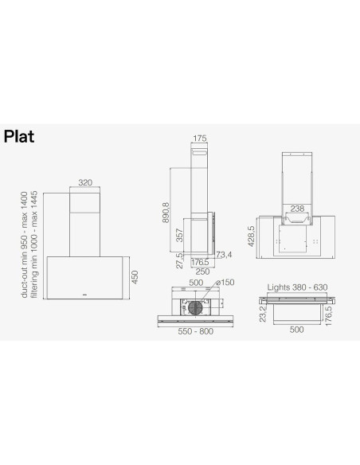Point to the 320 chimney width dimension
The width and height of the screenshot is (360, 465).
click(x=85, y=182)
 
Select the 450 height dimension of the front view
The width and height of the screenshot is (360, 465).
click(x=135, y=276)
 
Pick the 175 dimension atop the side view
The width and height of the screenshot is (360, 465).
click(x=199, y=139)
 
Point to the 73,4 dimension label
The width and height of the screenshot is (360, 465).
click(x=223, y=256)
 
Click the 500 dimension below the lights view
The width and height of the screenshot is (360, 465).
click(x=295, y=328)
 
